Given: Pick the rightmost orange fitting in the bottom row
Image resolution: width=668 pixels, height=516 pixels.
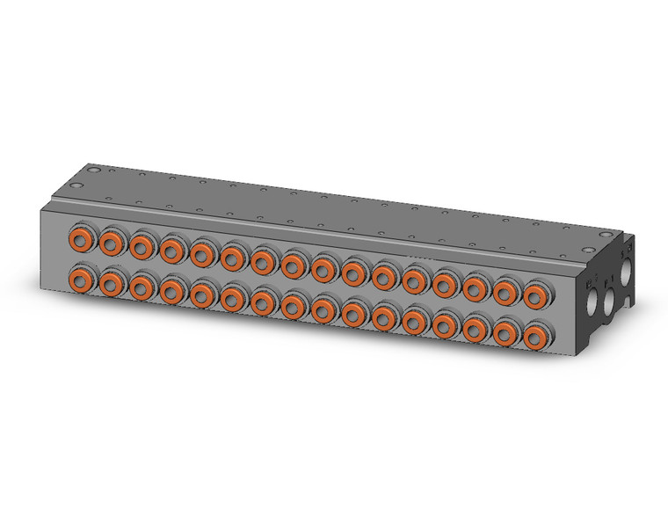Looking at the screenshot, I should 534,337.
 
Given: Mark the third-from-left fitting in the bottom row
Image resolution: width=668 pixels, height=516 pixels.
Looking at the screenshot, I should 142,287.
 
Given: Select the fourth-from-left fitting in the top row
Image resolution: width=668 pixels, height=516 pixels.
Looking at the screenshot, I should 171,249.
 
